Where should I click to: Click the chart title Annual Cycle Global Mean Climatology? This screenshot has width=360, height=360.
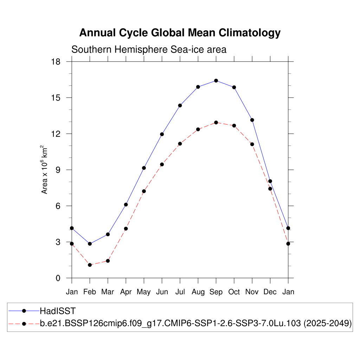tap(180, 33)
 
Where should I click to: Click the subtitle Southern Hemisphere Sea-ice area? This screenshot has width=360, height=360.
tap(149, 50)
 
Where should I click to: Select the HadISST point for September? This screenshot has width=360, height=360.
tap(216, 81)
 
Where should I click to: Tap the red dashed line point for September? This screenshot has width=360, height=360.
tap(216, 122)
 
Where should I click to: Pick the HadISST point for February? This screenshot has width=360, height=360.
tap(90, 244)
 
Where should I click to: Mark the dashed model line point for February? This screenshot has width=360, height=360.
tap(90, 265)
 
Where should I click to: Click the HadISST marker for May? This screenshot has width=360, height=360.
tap(144, 168)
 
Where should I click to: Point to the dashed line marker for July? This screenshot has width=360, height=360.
tap(180, 143)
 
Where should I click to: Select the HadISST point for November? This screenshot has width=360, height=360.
tap(252, 120)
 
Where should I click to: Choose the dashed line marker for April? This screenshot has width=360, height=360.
tap(126, 229)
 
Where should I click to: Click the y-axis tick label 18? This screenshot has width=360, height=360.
tap(56, 62)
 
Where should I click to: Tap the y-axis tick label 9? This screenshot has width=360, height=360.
tap(58, 170)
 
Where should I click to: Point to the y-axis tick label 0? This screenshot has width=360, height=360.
tap(58, 278)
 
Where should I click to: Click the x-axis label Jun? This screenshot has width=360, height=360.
tap(162, 292)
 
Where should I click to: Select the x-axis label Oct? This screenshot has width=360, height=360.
tap(234, 292)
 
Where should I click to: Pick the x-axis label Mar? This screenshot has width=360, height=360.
tap(108, 292)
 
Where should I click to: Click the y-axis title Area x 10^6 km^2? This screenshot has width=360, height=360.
tap(45, 169)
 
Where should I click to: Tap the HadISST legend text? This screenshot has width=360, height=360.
tap(58, 311)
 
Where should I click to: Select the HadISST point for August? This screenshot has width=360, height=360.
tap(198, 87)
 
